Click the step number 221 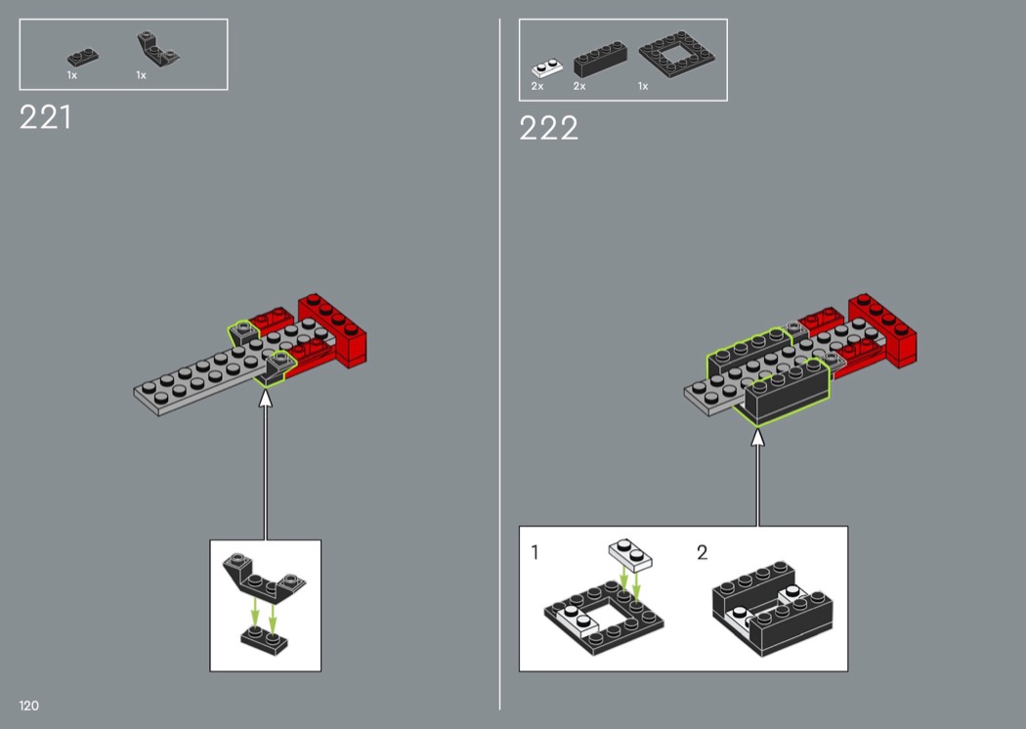point(45,118)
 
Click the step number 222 point(548,128)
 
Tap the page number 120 point(28,706)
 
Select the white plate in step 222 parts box point(547,68)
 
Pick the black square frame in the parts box point(676,55)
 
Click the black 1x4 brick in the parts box point(600,60)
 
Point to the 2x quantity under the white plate point(537,86)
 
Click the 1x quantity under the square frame point(643,86)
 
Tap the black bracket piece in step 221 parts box point(157,50)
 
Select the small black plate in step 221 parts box point(83,58)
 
